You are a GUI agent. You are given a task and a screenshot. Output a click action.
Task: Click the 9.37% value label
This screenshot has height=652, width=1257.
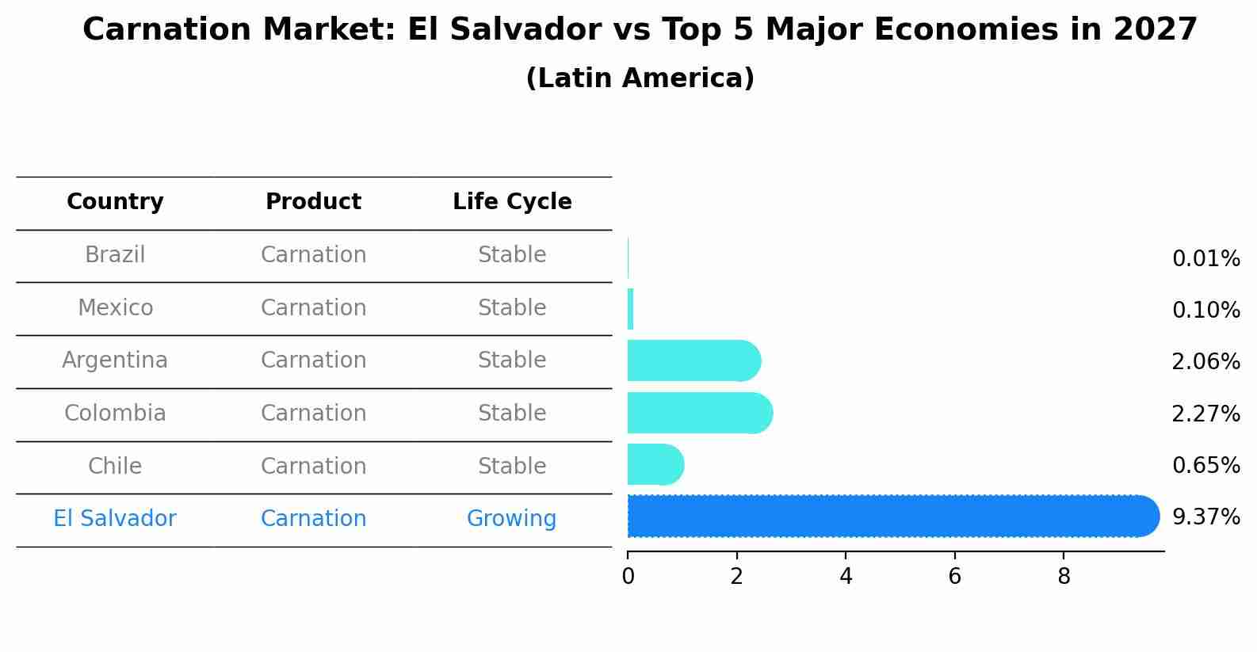(x=1205, y=517)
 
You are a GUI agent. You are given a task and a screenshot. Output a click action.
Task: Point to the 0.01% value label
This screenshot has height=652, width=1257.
(x=1205, y=259)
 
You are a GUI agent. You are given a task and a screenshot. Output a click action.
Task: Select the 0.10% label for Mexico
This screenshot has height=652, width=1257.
(x=1205, y=311)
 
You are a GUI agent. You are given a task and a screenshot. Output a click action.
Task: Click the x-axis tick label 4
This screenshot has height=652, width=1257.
(x=846, y=577)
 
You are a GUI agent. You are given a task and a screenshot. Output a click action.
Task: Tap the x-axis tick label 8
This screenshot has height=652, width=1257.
(x=1064, y=577)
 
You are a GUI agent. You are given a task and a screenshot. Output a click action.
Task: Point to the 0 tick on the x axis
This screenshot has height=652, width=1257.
(x=628, y=577)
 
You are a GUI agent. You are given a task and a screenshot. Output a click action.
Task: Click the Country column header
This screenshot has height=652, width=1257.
(x=115, y=202)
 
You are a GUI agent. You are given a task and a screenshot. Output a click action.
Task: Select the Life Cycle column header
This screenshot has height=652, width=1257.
(x=512, y=202)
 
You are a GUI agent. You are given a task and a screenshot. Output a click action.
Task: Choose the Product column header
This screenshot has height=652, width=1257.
(x=313, y=202)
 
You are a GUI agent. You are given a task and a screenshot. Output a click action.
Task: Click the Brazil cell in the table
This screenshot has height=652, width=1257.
(x=115, y=255)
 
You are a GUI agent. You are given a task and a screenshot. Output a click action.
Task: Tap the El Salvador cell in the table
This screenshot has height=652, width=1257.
(x=115, y=519)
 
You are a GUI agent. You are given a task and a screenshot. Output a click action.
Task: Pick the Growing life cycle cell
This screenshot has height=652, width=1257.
(x=511, y=519)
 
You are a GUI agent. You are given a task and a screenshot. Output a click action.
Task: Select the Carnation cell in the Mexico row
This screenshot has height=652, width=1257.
(x=313, y=308)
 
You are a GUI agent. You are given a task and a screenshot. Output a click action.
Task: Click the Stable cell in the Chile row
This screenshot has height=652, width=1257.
(x=512, y=467)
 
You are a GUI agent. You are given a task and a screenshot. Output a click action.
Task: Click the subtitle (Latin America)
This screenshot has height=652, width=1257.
(x=640, y=78)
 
